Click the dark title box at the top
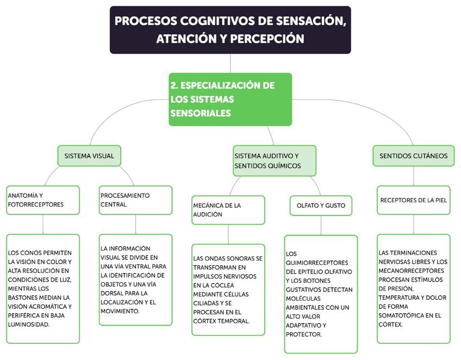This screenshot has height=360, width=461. (230, 30)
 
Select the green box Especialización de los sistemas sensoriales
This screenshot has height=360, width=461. (230, 100)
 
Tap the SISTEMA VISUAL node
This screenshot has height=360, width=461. (89, 156)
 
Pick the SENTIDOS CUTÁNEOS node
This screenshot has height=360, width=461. (413, 156)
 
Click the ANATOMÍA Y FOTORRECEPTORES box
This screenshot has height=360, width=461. (43, 200)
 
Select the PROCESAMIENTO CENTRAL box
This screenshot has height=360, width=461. (135, 200)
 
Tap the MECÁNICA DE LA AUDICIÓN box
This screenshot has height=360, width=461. (228, 210)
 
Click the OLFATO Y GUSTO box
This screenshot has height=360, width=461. (321, 206)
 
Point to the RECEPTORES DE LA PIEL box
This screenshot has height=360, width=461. (413, 200)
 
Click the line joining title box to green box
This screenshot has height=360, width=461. (230, 63)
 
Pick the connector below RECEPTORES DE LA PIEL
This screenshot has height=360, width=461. (413, 224)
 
